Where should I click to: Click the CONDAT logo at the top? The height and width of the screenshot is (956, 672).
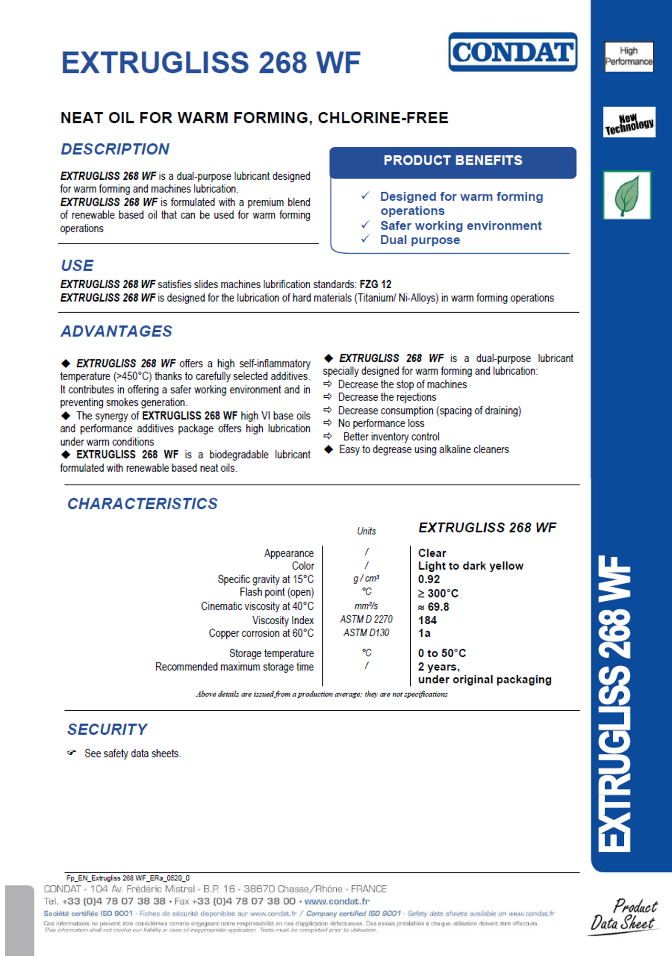coord(512,52)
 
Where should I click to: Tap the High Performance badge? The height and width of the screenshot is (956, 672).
coord(629,56)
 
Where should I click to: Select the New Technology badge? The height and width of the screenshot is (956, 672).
coord(629,122)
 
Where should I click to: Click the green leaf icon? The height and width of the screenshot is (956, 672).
coord(627,195)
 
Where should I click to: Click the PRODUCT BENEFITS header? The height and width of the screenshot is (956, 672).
coord(453,161)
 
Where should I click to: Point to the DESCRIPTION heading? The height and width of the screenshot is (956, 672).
coord(115,149)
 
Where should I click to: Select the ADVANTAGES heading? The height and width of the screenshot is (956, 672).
coord(117,331)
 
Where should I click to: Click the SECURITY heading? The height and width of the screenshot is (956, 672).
coord(107,729)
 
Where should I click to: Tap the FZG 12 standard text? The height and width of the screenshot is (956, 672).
coord(375,284)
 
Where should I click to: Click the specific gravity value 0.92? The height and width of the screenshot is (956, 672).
coord(429,579)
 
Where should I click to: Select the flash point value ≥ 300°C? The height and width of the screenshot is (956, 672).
coord(438,593)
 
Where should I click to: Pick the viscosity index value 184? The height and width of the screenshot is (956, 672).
coord(427,620)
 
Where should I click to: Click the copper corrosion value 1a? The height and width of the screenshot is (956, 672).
coord(425,633)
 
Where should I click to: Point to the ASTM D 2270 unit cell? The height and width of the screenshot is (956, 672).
coord(366,619)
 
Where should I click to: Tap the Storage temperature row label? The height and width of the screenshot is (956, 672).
coord(271,653)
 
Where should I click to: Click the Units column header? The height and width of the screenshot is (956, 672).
coord(366,531)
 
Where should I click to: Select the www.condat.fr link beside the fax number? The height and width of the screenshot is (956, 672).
coord(337,902)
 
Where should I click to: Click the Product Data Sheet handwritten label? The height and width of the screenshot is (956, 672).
coord(624,915)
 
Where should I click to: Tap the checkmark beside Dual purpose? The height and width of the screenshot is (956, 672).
coord(365,239)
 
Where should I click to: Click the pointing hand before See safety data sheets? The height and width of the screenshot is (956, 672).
coord(72,753)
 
